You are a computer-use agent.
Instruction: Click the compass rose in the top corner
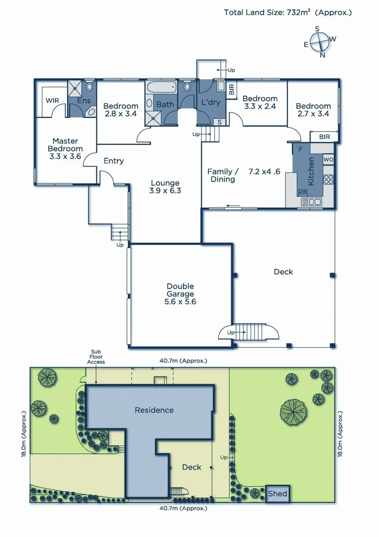pos(319,42)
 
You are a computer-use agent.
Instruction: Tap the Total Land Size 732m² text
pos(288,12)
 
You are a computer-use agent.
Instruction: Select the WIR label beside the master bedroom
pos(52,101)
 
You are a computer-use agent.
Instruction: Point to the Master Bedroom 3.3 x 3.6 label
pos(65,148)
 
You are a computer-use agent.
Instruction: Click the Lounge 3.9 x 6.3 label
pos(165,187)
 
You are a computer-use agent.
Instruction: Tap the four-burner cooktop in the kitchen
pos(328,179)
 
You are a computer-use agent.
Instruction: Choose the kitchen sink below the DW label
pos(311,202)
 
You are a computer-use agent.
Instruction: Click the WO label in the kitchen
pos(328,159)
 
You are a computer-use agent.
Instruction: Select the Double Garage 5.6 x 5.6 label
pos(180,294)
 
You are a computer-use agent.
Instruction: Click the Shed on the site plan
pos(278,494)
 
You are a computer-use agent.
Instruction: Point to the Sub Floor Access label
pos(96,357)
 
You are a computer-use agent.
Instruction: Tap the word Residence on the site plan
pos(154,410)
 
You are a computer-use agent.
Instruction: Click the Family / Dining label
pos(223,175)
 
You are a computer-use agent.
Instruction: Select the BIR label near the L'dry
pos(231,89)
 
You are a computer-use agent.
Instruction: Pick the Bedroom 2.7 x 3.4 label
pos(313,110)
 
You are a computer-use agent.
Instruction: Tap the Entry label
pos(114,161)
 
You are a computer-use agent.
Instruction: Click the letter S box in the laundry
pos(220,122)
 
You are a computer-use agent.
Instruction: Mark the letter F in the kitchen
pos(300,149)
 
